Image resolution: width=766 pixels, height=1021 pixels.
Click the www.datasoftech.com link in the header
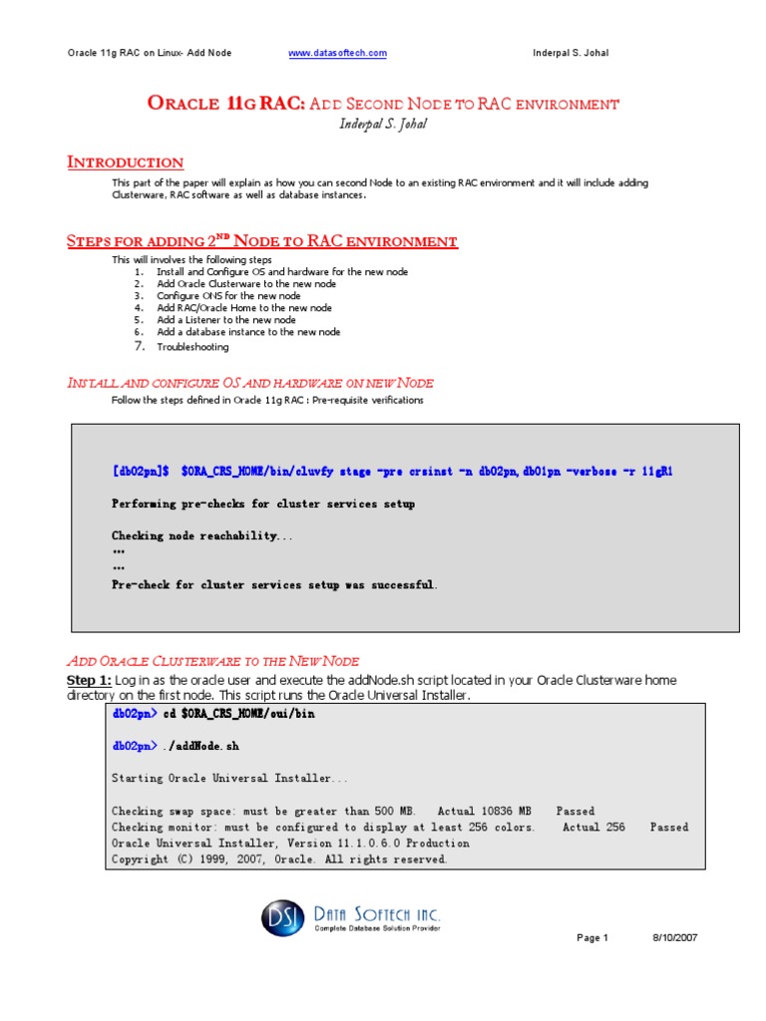(338, 53)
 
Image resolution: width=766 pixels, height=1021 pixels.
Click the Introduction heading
(125, 163)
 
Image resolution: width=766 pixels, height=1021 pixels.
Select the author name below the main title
(382, 124)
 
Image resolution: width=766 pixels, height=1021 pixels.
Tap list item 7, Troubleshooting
(192, 347)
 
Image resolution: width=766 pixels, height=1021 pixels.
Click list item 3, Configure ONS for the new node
(228, 296)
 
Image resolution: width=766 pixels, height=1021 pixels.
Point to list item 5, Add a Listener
(225, 320)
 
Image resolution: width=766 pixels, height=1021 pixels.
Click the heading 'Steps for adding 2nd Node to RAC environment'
(262, 241)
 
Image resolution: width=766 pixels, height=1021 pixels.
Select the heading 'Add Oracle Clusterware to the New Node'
(212, 661)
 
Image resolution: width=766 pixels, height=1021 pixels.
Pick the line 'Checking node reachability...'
(202, 536)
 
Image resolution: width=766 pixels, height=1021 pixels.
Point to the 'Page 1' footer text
(592, 938)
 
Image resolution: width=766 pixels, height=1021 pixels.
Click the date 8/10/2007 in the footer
(676, 938)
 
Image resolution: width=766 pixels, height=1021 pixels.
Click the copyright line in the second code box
(279, 859)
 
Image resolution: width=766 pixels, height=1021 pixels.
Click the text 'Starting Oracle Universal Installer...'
(230, 778)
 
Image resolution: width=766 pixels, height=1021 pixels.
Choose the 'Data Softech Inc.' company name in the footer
(377, 914)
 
